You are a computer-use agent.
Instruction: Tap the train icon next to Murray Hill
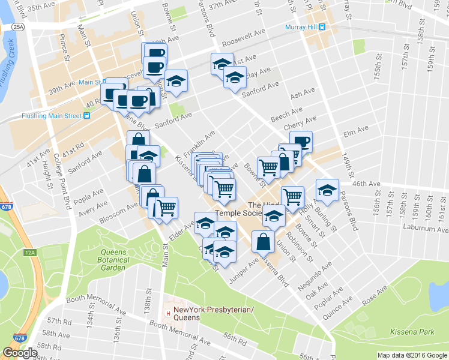[322, 27]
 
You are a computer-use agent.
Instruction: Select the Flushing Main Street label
[51, 116]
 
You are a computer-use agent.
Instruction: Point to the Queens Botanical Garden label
[113, 256]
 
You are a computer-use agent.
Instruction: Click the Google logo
[20, 352]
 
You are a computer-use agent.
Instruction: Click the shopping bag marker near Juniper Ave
[263, 242]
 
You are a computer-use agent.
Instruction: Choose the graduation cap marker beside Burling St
[327, 190]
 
